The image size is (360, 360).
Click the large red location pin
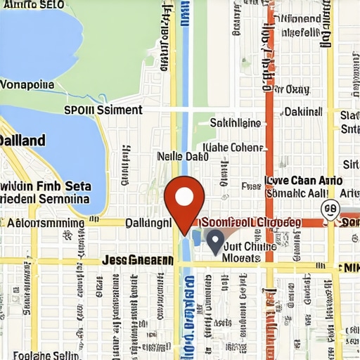(x=184, y=197)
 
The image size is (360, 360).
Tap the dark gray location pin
(x=215, y=240)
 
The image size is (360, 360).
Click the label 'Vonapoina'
(x=27, y=84)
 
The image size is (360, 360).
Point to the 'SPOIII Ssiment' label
(x=103, y=110)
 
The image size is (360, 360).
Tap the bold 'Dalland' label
(x=22, y=140)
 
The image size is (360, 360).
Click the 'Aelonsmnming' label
(x=45, y=223)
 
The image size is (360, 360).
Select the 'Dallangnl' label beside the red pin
(x=147, y=223)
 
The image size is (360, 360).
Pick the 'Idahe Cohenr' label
(x=233, y=148)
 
